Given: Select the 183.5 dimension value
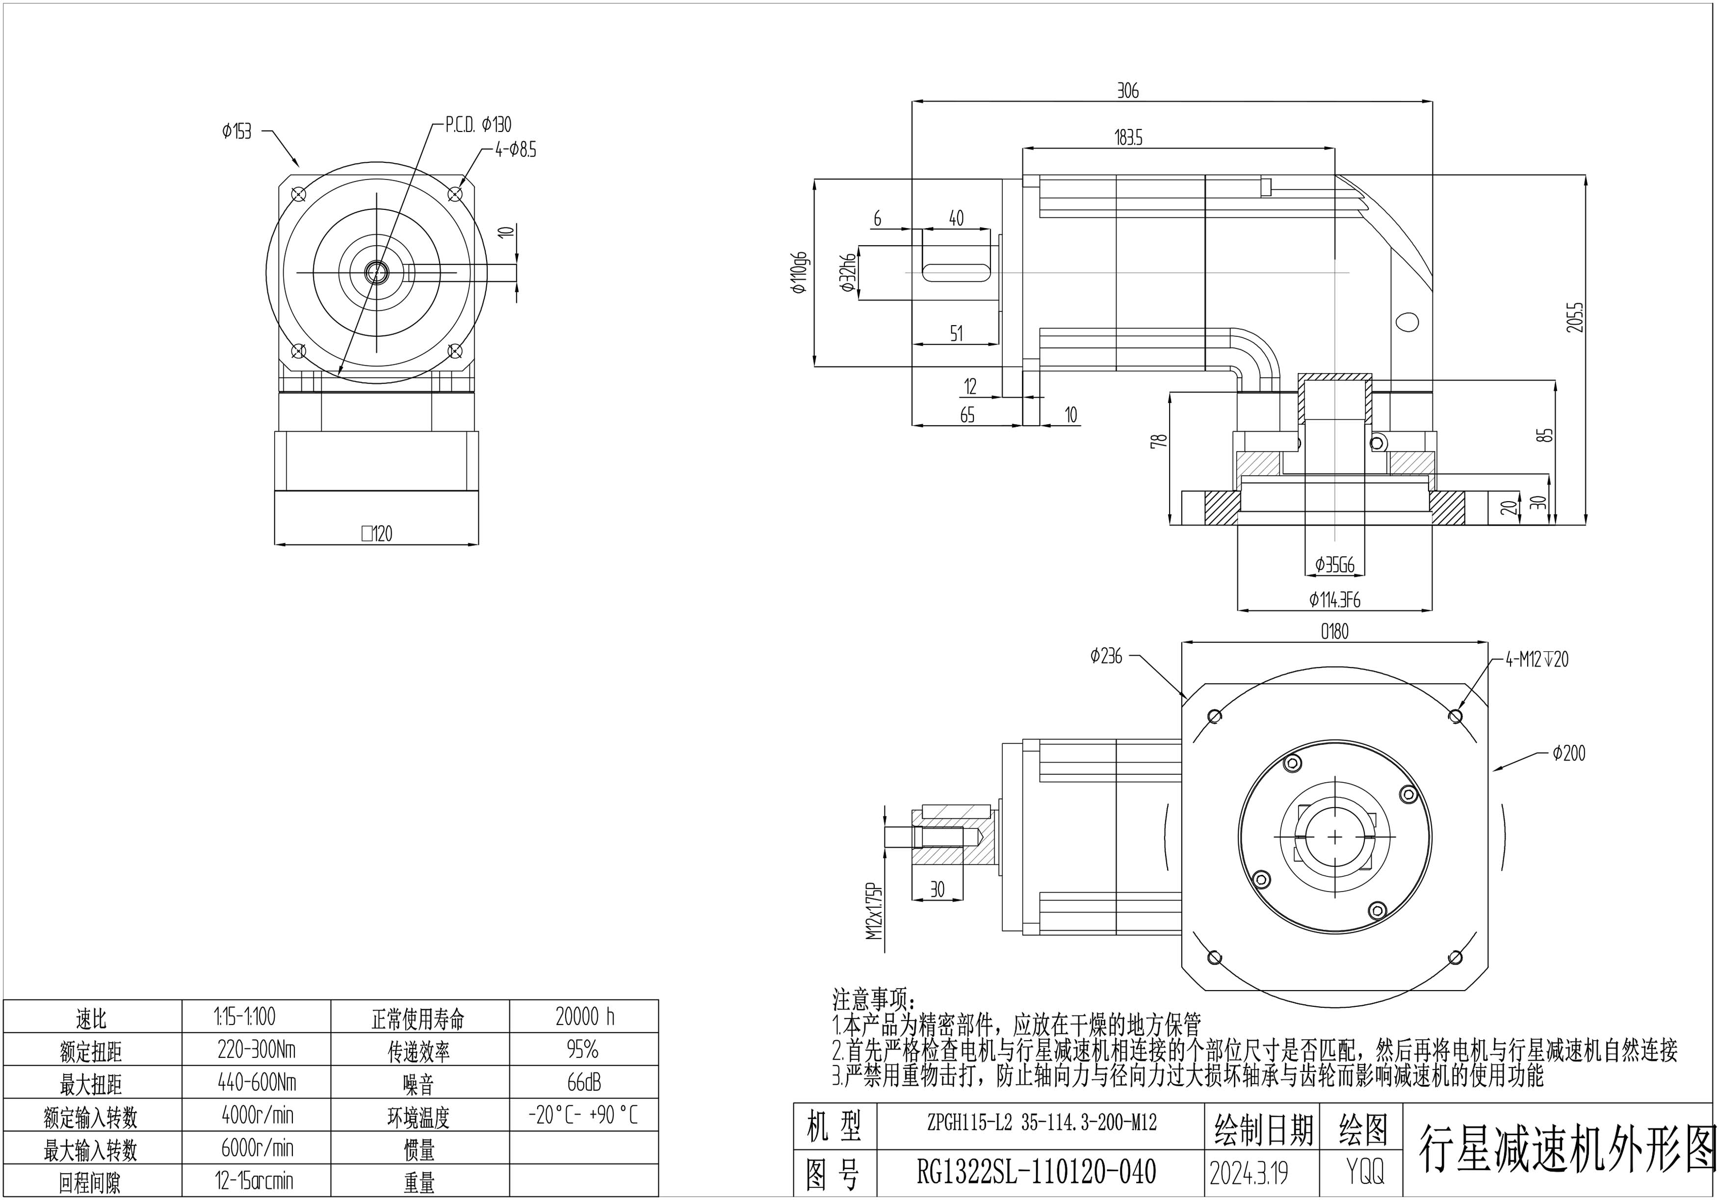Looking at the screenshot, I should click(1128, 139).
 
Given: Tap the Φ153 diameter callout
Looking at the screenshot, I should click(237, 132).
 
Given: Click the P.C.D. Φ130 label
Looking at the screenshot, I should click(478, 125).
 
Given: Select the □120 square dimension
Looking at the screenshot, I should click(376, 534).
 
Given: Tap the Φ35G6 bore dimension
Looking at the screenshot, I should click(1334, 565).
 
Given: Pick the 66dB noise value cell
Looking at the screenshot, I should click(584, 1082).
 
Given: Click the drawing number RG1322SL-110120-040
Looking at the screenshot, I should click(1036, 1172).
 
